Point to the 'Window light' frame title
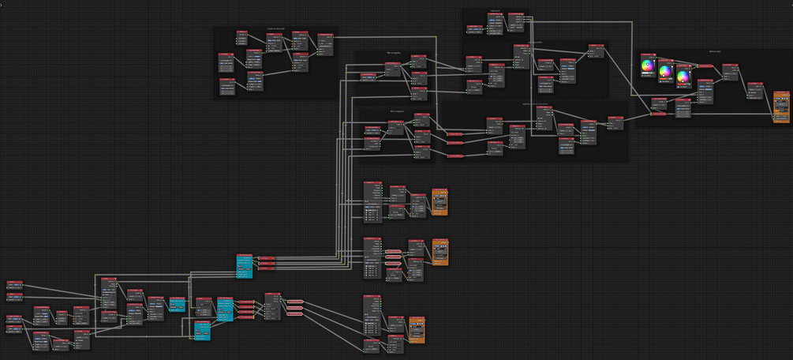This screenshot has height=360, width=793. pos(715,51)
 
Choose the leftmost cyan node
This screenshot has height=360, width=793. pos(176,306)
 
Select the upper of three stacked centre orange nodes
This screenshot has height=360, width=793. pos(439,202)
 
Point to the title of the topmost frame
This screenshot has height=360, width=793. pos(495,11)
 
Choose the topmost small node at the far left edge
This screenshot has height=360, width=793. pos(15,285)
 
